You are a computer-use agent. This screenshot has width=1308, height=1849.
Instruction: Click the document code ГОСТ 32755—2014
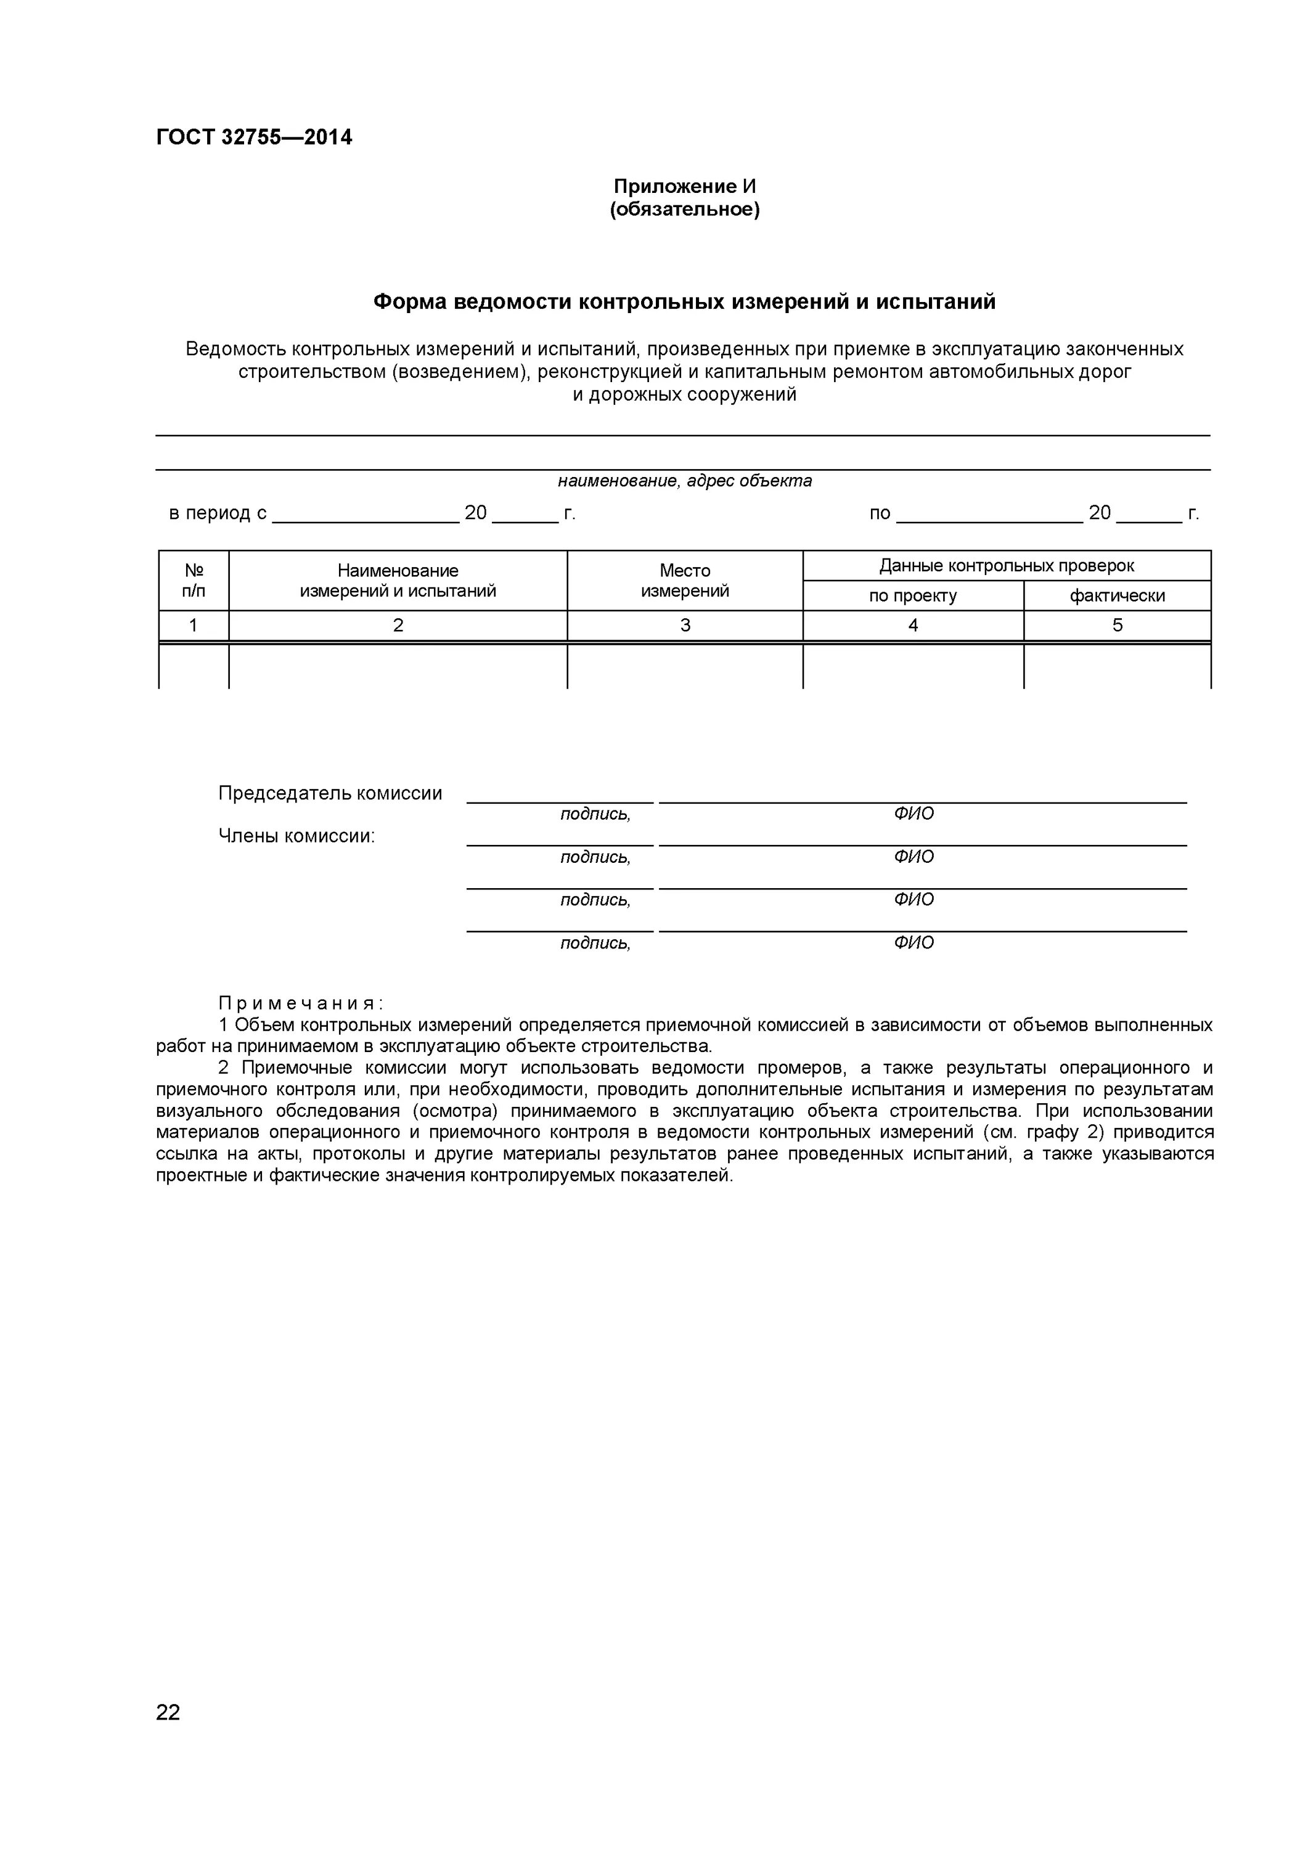[254, 137]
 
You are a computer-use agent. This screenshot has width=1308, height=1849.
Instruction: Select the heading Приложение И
[685, 187]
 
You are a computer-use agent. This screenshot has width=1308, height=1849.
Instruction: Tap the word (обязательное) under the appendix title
[685, 210]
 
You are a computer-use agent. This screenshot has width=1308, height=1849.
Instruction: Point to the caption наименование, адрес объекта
[685, 481]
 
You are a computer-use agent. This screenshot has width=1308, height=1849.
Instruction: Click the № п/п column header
[194, 581]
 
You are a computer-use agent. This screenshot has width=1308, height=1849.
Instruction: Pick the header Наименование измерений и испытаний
[398, 581]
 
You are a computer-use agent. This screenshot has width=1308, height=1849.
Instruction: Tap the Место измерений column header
[685, 581]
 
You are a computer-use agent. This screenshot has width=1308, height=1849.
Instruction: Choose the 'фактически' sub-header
[1117, 597]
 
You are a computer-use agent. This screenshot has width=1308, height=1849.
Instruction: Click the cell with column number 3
[685, 626]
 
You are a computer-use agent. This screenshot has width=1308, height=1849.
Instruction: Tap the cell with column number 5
[1117, 626]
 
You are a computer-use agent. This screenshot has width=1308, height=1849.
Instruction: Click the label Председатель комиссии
[330, 794]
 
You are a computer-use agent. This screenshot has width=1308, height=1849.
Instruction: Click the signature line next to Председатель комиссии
[560, 798]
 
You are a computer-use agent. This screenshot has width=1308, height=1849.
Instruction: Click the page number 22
[168, 1712]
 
